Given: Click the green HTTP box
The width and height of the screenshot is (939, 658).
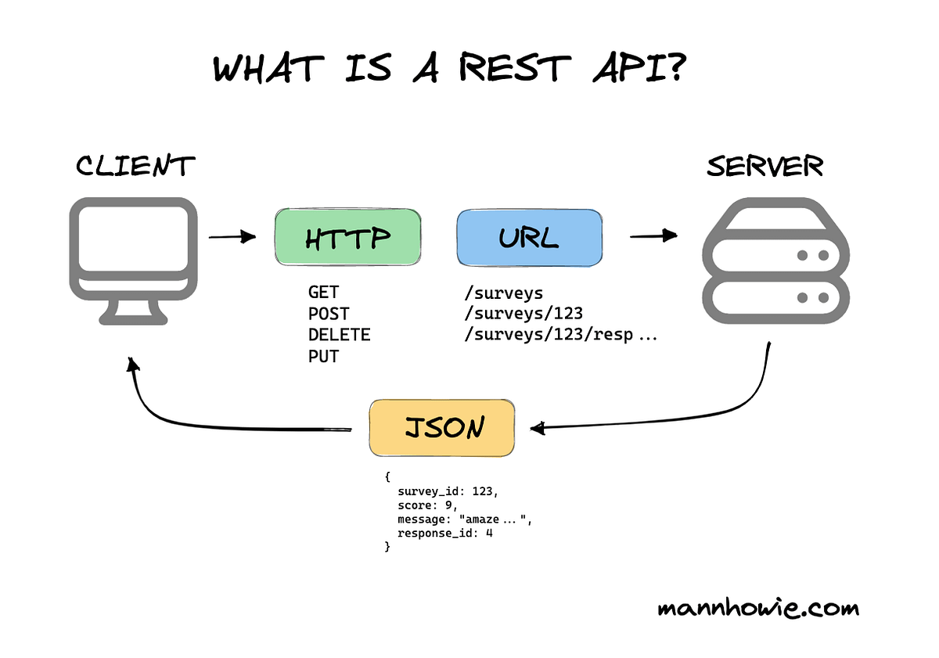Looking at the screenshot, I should [347, 239].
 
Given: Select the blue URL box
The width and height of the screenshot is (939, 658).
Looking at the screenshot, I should [529, 239].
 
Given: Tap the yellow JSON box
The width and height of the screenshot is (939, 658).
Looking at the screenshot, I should [442, 428].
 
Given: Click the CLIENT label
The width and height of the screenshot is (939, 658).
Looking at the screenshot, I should [135, 166].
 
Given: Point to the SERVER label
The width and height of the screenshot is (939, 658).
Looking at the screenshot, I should [765, 166].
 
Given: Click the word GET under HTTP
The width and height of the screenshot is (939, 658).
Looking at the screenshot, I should [323, 293].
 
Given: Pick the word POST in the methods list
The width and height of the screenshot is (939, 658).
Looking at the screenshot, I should [329, 314].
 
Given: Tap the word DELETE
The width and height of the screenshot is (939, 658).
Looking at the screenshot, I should [339, 335].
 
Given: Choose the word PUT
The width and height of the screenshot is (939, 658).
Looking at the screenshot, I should [323, 357].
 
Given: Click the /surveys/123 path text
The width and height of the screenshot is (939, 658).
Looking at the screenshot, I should [523, 314].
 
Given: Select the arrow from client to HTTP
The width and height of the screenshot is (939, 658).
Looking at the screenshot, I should [232, 236].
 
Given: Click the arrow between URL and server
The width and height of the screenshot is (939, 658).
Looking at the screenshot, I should [653, 235].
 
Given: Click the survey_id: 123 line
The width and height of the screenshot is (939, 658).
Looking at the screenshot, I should [447, 492].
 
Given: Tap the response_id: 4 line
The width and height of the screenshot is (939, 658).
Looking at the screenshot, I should [444, 534].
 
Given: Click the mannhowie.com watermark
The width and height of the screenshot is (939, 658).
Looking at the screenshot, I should [757, 608].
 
